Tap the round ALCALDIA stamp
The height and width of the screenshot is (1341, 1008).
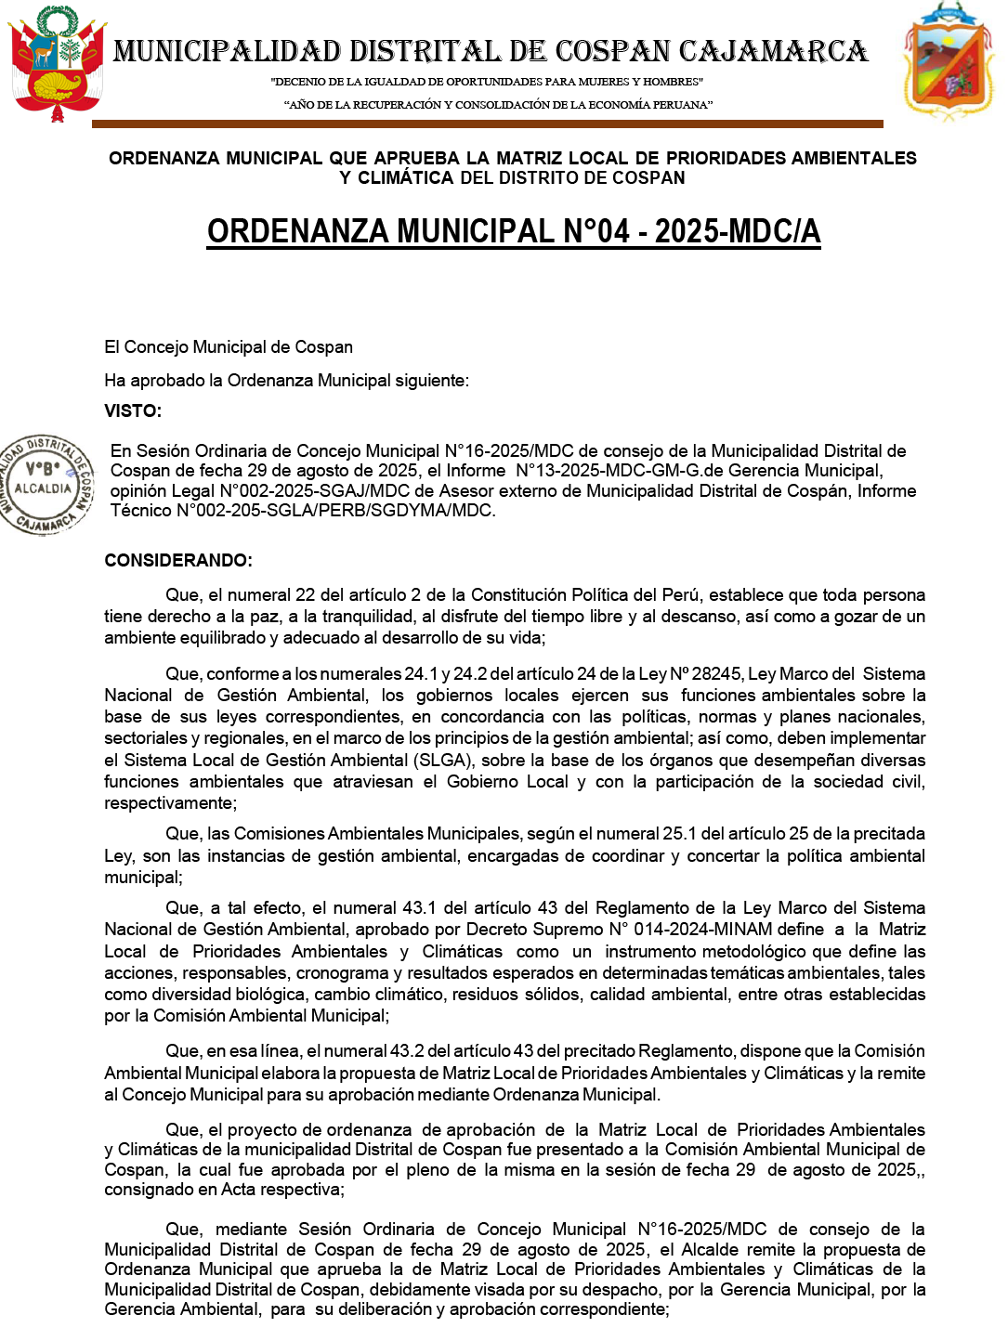(x=45, y=484)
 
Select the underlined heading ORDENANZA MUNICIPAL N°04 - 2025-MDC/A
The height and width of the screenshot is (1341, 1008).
(x=514, y=231)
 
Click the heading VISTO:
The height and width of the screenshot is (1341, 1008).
(x=133, y=411)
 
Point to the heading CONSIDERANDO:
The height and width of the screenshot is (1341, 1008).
(x=178, y=561)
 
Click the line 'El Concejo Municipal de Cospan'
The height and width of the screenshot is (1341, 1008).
(x=229, y=347)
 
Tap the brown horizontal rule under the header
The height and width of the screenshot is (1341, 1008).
(x=487, y=124)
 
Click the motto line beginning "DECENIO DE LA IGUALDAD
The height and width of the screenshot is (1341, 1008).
(x=487, y=82)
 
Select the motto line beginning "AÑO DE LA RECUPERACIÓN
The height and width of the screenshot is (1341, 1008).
(x=498, y=105)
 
